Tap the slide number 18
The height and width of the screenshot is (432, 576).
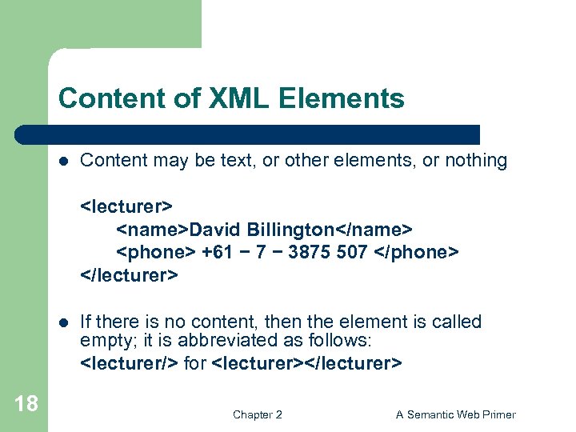click(26, 403)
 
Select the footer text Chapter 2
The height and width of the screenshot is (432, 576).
click(257, 414)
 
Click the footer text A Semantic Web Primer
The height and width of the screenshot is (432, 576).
click(456, 414)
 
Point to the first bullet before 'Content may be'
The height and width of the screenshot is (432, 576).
click(64, 161)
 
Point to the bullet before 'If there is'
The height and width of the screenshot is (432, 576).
click(64, 322)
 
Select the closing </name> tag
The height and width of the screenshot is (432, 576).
click(374, 230)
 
